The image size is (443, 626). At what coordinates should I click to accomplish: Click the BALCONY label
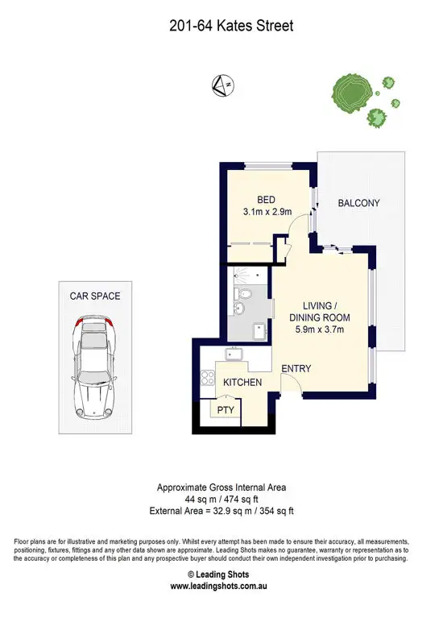coord(358,203)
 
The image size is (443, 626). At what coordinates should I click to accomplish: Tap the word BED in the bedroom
coord(267,200)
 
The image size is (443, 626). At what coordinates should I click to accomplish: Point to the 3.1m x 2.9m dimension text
coord(267,212)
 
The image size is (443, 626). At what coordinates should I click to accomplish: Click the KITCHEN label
coord(242,382)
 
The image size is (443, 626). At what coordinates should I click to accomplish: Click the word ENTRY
coord(296,369)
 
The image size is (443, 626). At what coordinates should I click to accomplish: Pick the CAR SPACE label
coord(94,296)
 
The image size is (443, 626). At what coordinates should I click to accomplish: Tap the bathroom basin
coord(238,309)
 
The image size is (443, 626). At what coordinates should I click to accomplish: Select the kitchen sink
coord(236,354)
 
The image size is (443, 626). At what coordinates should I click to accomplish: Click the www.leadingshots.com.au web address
coord(220,587)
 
